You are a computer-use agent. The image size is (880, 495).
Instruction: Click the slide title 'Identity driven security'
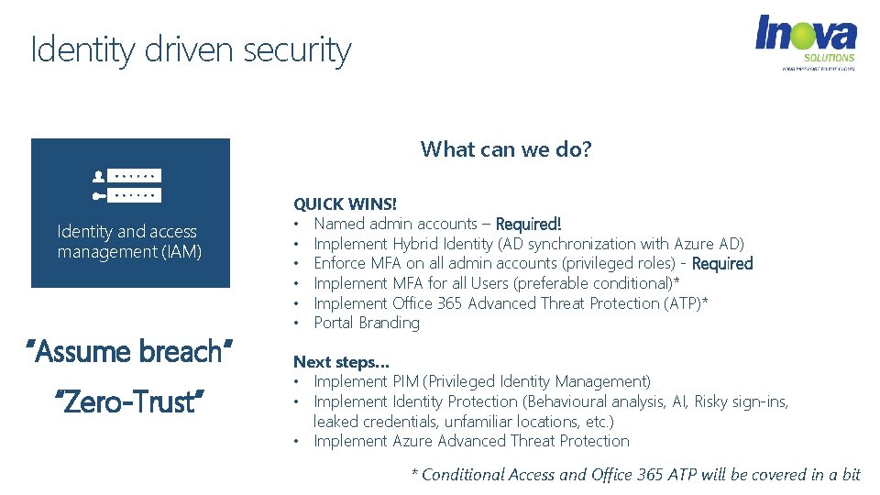click(191, 49)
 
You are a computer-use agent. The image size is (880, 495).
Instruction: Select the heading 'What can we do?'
click(506, 148)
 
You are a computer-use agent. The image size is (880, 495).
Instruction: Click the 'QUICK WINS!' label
click(345, 203)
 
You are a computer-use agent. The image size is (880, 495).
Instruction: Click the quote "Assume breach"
click(130, 350)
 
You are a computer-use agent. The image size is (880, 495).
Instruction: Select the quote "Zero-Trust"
click(130, 400)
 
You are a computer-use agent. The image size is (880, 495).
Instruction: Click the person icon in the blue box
click(99, 175)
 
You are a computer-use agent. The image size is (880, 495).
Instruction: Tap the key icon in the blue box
click(99, 195)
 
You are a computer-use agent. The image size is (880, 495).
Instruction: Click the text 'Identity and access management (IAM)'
click(129, 241)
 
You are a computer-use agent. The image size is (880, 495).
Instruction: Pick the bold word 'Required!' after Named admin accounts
click(528, 224)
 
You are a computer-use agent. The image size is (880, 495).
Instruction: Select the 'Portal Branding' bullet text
click(367, 323)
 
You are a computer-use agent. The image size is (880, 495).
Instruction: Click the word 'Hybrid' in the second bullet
click(415, 244)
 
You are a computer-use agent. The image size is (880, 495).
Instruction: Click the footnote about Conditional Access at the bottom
click(635, 474)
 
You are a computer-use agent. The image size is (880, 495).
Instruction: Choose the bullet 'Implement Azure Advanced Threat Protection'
click(471, 441)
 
